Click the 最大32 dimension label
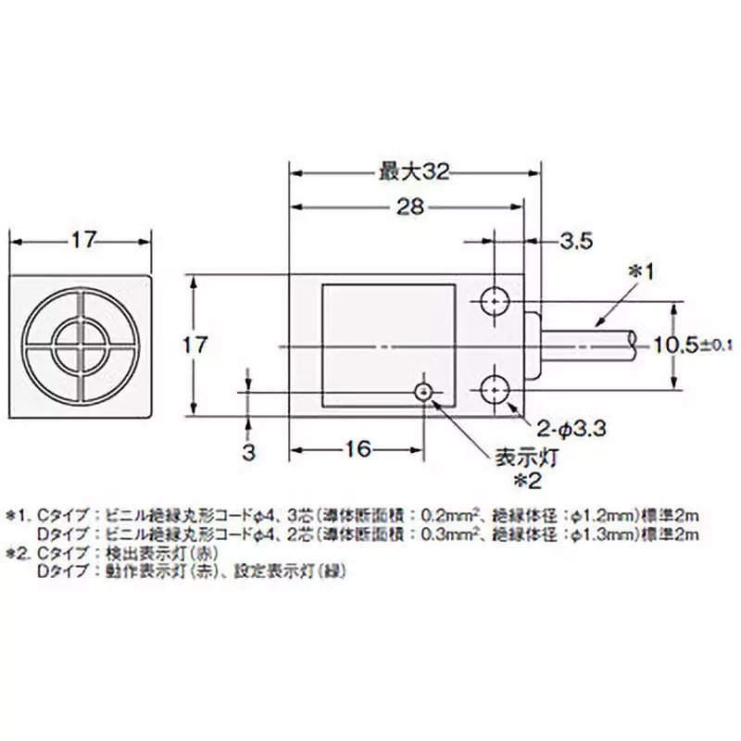[x=414, y=171]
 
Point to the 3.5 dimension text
[x=574, y=243]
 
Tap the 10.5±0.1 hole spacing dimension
[x=693, y=345]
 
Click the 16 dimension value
[x=357, y=449]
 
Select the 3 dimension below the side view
[x=248, y=452]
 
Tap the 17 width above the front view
[x=82, y=240]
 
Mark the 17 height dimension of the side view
[x=194, y=345]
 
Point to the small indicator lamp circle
[x=424, y=392]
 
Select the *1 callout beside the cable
[x=642, y=271]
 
